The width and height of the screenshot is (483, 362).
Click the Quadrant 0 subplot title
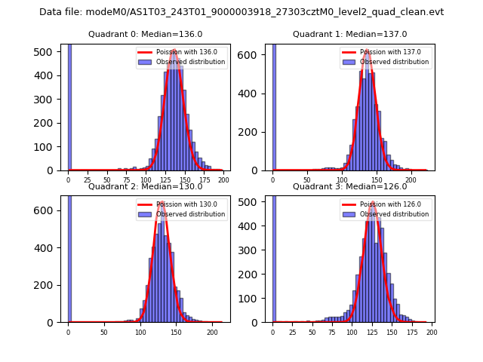pos(146,34)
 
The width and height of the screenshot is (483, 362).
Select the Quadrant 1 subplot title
pos(349,34)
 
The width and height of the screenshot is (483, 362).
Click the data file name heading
pos(241,12)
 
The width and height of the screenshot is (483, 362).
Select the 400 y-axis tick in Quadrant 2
pos(47,247)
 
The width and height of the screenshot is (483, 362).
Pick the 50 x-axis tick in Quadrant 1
pos(307,180)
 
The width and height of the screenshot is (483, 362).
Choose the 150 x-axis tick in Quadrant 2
pos(176,332)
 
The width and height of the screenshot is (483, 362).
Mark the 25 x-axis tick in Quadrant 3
pos(292,332)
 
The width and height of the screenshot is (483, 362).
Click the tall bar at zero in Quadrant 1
pos(274,106)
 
